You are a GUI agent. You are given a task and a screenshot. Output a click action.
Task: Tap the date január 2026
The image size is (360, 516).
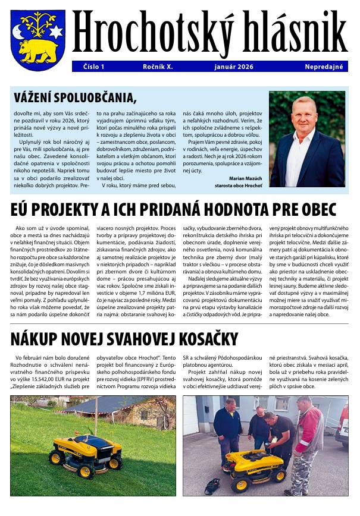point(233,67)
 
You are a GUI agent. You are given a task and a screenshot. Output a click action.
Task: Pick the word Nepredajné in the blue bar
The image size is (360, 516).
point(324,67)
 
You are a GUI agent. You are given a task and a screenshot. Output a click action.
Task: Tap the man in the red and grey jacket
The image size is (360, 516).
point(309,443)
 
